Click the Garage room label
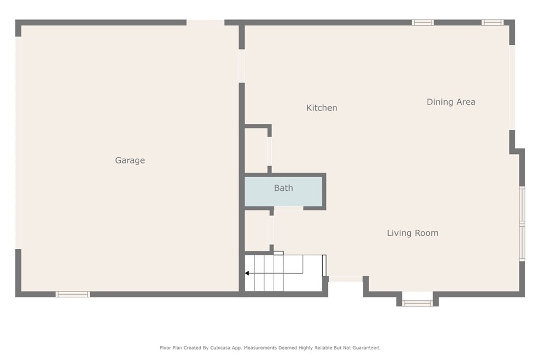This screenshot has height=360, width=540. point(130,160)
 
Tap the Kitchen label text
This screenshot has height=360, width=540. point(322,108)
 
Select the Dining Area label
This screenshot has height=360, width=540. point(451,102)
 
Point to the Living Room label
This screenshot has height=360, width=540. point(412,233)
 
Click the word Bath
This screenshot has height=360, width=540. point(283,188)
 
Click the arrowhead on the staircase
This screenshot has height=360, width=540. point(247,273)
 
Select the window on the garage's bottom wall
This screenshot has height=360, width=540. point(73,294)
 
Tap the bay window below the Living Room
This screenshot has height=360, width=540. point(418,303)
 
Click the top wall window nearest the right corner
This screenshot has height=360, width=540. point(493,23)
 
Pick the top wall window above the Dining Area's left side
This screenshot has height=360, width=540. point(422,23)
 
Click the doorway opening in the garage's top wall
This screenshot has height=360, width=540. point(205,23)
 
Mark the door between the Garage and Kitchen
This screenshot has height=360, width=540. point(242,66)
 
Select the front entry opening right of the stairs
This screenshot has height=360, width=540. point(345,279)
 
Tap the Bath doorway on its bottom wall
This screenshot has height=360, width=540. point(288,209)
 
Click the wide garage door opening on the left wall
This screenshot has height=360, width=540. point(18,142)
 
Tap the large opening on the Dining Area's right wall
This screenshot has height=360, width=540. point(512,87)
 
